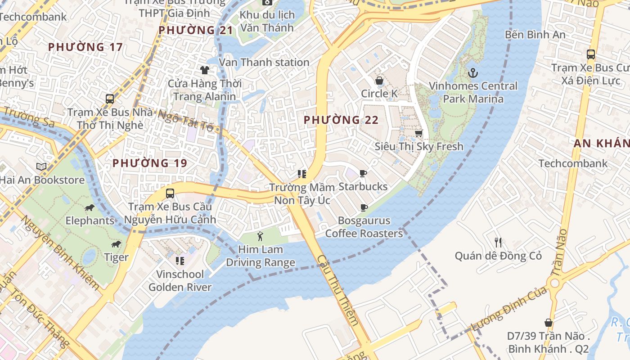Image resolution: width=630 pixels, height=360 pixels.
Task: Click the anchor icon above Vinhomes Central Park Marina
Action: pos(473,72)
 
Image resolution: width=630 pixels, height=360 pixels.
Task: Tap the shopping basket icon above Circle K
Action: pos(379,81)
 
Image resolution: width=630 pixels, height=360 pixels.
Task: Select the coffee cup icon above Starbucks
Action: pos(363,173)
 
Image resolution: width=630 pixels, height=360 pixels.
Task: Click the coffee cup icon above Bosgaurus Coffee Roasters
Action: pos(364,207)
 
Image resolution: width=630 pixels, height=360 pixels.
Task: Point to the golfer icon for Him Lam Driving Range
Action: pos(260,236)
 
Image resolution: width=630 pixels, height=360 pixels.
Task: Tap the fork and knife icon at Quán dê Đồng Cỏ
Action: pos(498,243)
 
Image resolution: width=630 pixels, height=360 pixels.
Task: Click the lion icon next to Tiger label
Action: pos(116,244)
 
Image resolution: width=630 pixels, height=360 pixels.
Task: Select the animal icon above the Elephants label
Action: pos(90,207)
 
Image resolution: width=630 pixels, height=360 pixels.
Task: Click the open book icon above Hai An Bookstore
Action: pos(41,166)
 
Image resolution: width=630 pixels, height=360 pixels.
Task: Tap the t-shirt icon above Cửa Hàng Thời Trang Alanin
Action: pos(205,70)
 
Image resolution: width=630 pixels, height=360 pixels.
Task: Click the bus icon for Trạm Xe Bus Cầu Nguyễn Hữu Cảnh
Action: pos(170,193)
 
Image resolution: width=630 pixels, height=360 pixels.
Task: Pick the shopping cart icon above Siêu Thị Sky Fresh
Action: pos(419,133)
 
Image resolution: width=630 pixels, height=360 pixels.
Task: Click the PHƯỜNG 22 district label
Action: pos(341,120)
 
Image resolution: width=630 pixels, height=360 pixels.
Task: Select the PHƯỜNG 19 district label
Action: pos(149,163)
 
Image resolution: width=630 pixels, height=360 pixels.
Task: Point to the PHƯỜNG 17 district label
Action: pos(85,47)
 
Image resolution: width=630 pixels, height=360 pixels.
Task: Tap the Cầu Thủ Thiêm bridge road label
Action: pos(338,290)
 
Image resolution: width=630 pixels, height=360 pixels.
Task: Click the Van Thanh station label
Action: pos(264,62)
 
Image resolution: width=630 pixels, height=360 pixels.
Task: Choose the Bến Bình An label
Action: pos(535,34)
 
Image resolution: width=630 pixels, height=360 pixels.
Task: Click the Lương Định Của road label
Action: pos(508,308)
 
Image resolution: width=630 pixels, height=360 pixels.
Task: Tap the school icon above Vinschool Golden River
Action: pos(180,261)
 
